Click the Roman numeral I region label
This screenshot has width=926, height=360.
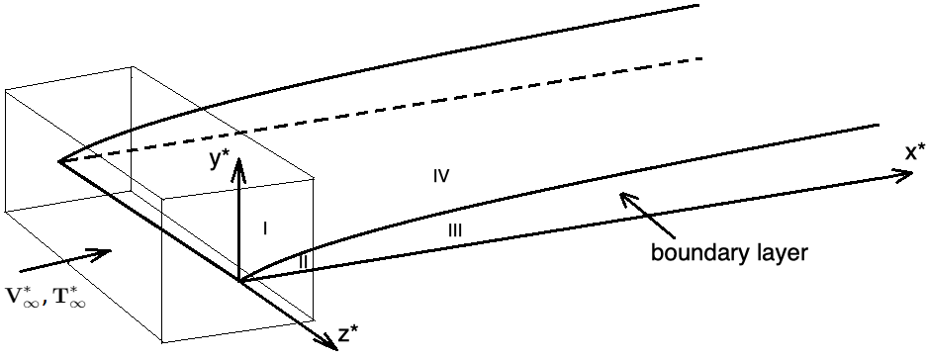coord(265,228)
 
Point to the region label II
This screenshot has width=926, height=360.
coord(304,262)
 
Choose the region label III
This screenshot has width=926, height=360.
coord(454,230)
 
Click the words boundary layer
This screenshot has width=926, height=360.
coord(730,252)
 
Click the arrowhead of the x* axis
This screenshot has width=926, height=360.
coord(905,175)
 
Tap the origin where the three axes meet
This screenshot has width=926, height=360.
coord(239,282)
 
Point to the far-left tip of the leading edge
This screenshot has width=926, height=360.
coord(58,160)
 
